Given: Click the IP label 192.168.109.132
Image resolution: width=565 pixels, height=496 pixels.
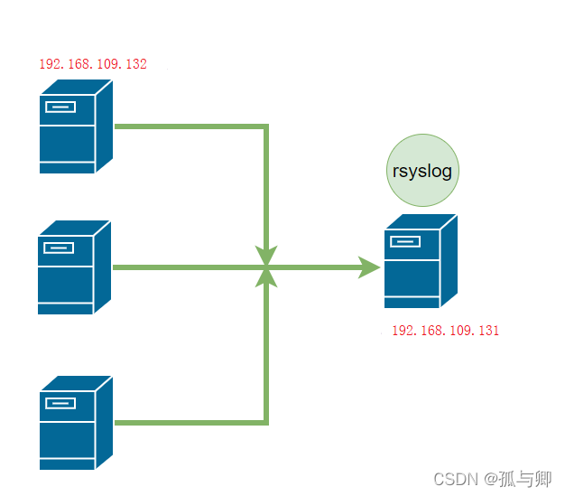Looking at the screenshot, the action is point(93,64).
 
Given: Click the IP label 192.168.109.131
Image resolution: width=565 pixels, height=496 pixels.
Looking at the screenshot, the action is point(445,331).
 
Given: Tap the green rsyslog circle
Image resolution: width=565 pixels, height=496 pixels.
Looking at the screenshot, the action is point(422,170).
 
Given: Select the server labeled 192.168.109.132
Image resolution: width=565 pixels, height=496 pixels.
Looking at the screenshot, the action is point(76,126).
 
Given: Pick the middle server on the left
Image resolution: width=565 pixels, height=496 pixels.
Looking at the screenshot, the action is point(74,267).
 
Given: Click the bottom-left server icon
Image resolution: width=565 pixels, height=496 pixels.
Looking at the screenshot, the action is point(76,423).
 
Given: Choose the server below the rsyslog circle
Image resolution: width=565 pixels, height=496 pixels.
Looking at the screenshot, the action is point(421,261).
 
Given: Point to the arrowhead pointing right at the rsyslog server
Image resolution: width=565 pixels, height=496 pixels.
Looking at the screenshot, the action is point(368,267).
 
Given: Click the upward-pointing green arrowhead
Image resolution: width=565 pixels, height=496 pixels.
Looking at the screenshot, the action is point(266,278).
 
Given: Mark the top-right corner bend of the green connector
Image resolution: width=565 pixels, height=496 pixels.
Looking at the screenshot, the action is point(266,126).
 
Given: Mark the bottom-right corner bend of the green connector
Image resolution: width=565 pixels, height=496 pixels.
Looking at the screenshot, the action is point(266,423).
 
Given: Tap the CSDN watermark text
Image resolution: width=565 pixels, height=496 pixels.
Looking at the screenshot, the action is point(492,480).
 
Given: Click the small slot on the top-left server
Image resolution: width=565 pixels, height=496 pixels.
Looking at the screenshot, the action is point(60,108).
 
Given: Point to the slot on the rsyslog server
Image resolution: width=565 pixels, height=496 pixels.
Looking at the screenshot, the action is point(405,241).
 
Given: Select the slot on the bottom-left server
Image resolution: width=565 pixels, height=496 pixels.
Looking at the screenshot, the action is point(60,403).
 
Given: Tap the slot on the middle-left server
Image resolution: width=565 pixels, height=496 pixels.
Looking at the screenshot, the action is point(59,248).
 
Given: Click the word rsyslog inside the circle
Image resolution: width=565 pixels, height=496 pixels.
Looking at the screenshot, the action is point(422,172).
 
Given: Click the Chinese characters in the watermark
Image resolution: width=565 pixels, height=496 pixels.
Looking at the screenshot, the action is point(525,480).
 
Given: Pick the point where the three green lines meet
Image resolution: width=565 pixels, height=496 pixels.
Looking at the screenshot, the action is point(266,267).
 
